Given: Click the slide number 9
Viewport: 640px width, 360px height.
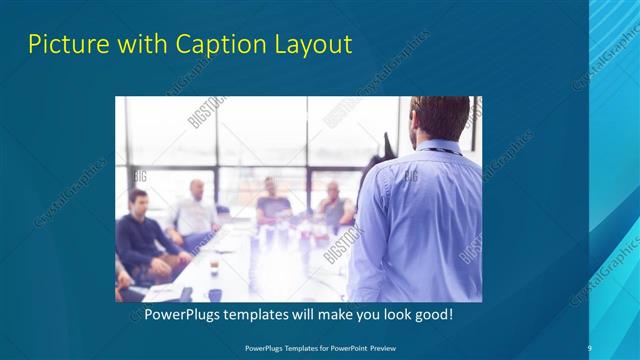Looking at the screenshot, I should pos(589,347).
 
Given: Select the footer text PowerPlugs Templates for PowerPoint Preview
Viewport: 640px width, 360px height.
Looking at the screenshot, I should pos(319,348).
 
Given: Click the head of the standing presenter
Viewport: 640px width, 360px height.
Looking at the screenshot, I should pos(441,119).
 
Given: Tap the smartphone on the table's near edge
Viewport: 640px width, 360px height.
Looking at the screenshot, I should pos(186,293).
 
